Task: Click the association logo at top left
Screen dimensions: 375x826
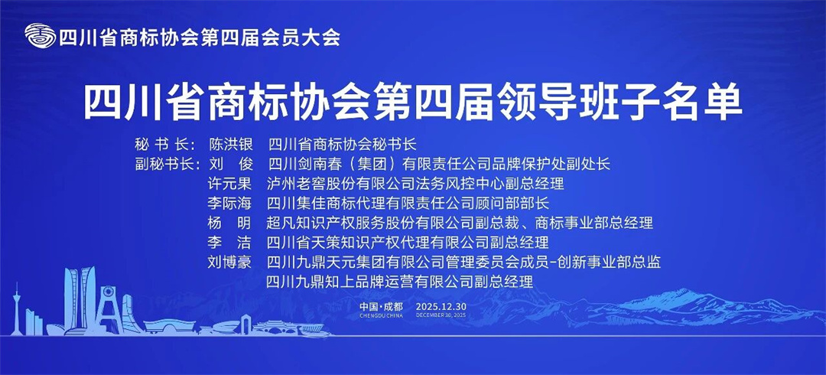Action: [40, 36]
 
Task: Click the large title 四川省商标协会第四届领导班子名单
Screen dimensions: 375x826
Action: [412, 103]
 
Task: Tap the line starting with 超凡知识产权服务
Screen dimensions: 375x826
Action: [459, 223]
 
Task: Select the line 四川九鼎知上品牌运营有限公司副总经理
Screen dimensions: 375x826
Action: [398, 282]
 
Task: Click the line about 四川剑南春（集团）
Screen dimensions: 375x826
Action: [438, 164]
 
